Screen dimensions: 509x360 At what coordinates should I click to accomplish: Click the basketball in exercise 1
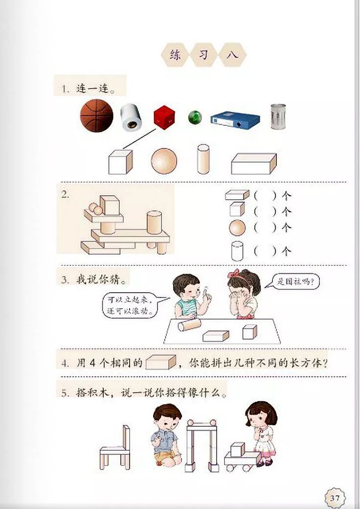[96, 116]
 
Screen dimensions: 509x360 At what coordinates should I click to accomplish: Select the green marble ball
[195, 117]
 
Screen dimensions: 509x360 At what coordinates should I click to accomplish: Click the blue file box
[235, 119]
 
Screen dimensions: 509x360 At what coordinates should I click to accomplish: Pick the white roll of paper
[131, 117]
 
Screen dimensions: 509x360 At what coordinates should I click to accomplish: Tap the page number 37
[335, 498]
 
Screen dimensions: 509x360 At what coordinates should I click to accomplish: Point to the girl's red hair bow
[236, 273]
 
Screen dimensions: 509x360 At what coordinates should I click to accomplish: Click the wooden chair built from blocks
[116, 447]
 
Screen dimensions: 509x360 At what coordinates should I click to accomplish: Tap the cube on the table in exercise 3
[249, 331]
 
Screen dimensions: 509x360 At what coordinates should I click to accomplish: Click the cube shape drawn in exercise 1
[120, 162]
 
